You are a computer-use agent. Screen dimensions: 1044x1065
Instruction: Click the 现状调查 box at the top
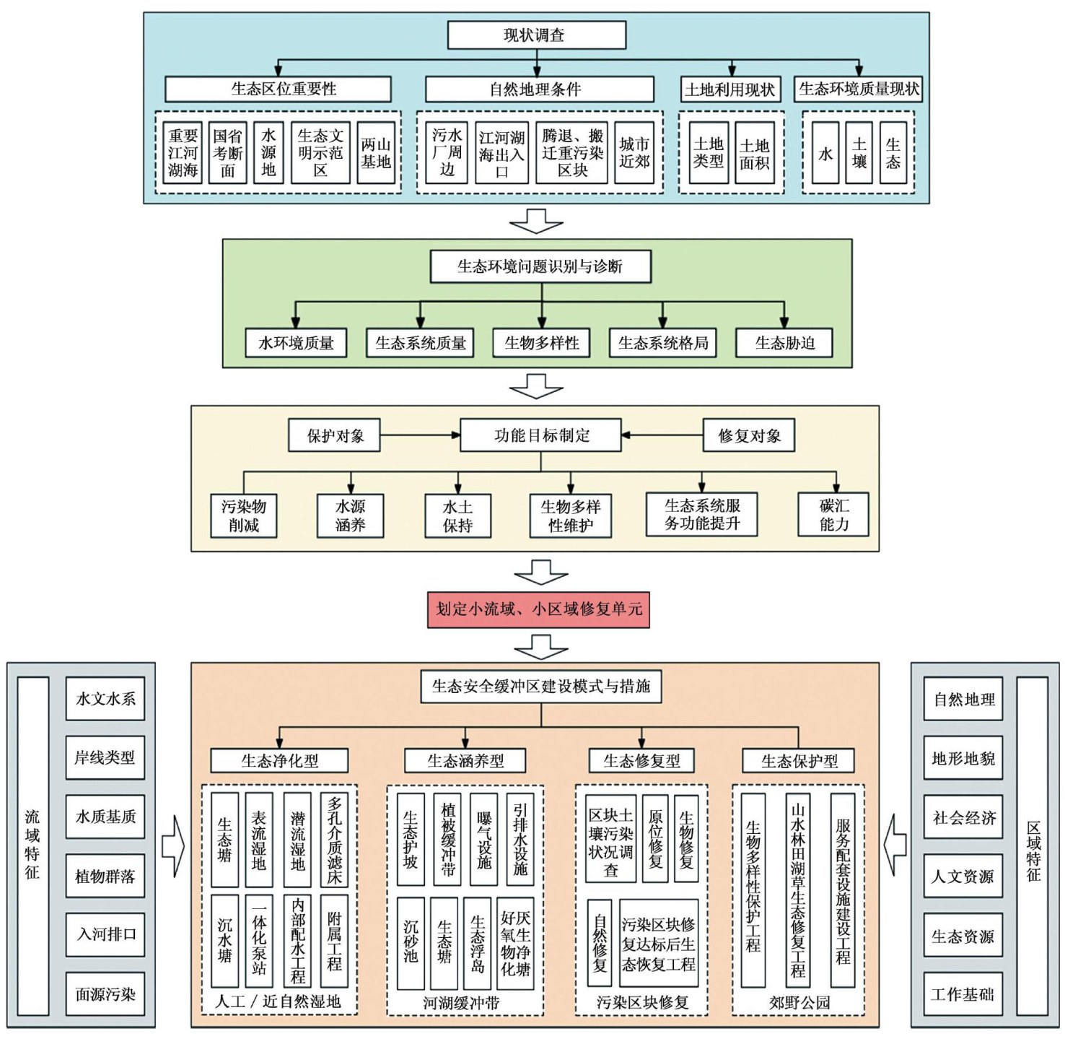pyautogui.click(x=536, y=35)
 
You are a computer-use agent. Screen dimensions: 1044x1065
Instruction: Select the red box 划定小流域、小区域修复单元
pyautogui.click(x=538, y=609)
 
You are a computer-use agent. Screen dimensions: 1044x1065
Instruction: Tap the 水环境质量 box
pyautogui.click(x=296, y=343)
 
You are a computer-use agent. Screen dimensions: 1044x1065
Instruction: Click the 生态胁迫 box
pyautogui.click(x=784, y=343)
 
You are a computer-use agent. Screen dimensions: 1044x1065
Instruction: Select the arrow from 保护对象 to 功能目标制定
pyautogui.click(x=419, y=435)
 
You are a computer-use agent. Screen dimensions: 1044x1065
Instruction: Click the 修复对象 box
pyautogui.click(x=749, y=435)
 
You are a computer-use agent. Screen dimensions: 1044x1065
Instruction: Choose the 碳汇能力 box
pyautogui.click(x=833, y=515)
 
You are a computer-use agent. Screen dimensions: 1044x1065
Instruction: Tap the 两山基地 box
pyautogui.click(x=376, y=153)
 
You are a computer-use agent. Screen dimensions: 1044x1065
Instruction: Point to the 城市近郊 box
pyautogui.click(x=634, y=153)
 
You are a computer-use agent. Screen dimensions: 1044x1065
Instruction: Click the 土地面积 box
pyautogui.click(x=755, y=153)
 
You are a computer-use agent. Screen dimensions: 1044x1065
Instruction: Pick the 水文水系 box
pyautogui.click(x=105, y=698)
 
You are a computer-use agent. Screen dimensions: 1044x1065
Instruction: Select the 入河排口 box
pyautogui.click(x=105, y=934)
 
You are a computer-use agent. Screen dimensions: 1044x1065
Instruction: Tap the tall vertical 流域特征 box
pyautogui.click(x=32, y=845)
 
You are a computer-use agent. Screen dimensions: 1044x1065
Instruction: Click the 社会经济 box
pyautogui.click(x=963, y=817)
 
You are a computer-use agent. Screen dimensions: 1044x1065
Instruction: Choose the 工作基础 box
pyautogui.click(x=963, y=994)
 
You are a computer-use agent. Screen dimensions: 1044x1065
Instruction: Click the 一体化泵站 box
pyautogui.click(x=259, y=941)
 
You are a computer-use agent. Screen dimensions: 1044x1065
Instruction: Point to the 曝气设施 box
pyautogui.click(x=484, y=840)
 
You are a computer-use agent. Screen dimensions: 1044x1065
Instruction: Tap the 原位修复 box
pyautogui.click(x=655, y=839)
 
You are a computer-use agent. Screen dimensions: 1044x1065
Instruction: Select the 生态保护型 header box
pyautogui.click(x=799, y=761)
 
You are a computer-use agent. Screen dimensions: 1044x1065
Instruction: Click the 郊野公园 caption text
pyautogui.click(x=799, y=1002)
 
